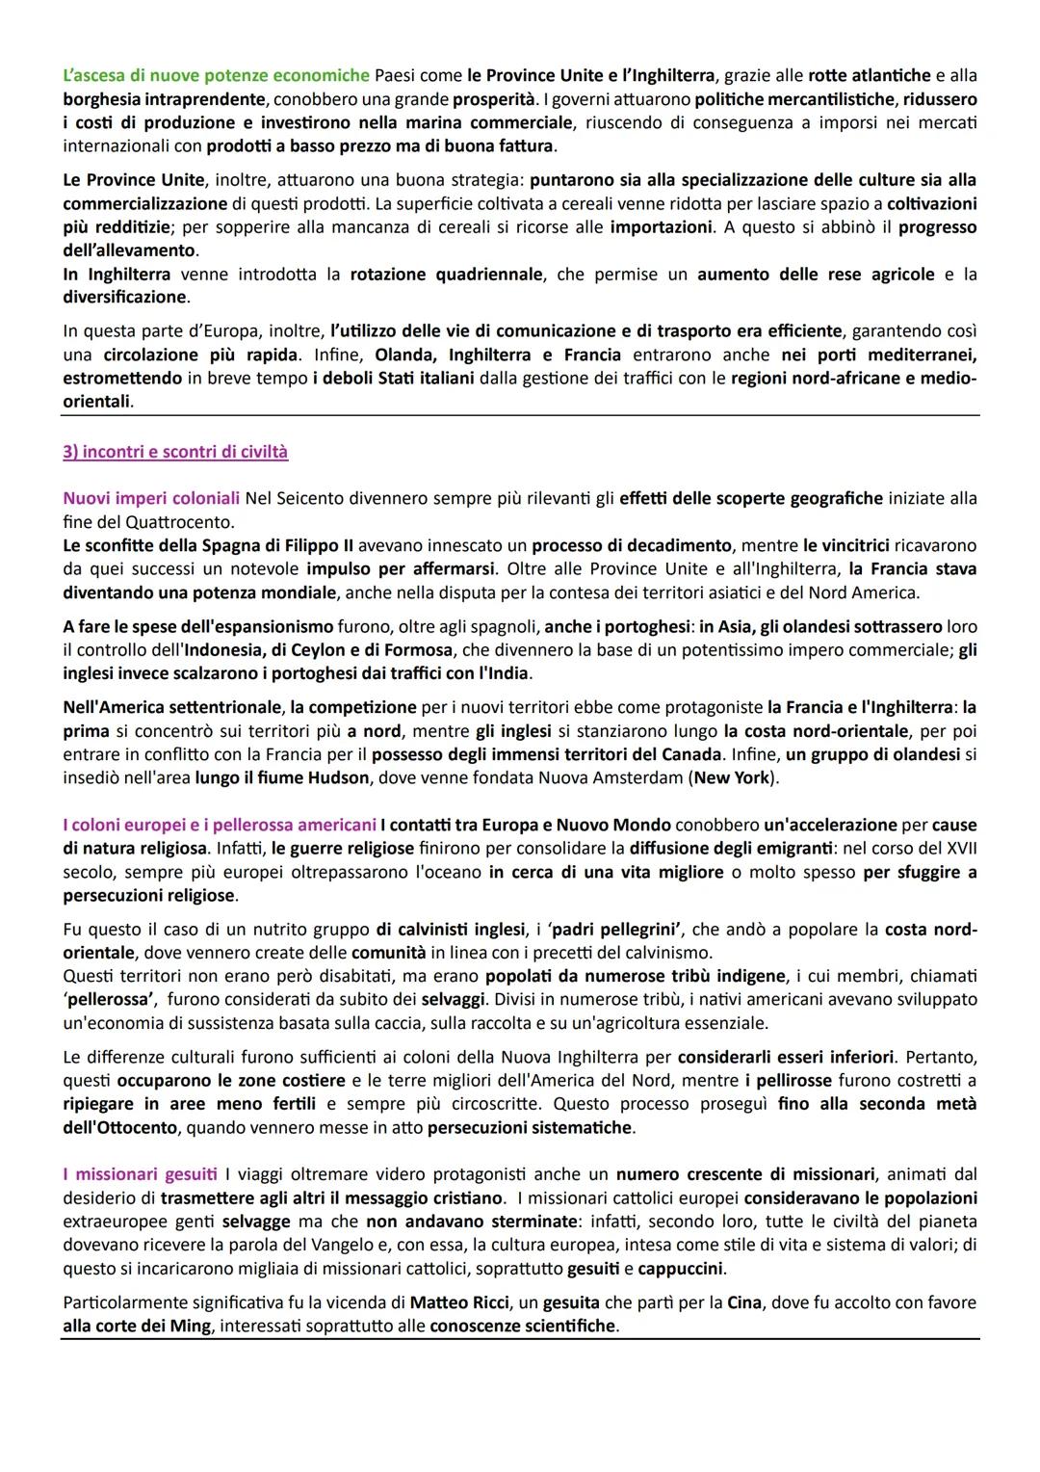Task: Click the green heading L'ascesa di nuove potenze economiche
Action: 216,75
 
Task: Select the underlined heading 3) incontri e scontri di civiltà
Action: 175,452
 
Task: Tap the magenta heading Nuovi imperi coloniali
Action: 151,498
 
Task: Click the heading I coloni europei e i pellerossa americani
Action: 220,825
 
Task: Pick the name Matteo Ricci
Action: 460,1302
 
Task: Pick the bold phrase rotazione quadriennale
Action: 447,275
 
